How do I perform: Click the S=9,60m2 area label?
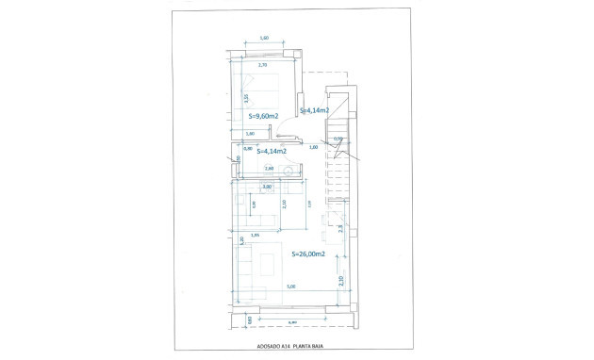[x=264, y=116]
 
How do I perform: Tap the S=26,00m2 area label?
[x=308, y=254]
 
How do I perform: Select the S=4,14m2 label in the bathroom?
[x=272, y=151]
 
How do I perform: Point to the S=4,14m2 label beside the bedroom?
[x=313, y=110]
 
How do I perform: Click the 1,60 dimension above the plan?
[x=264, y=38]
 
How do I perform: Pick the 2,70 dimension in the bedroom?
[x=263, y=65]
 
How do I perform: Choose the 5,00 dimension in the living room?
[x=290, y=286]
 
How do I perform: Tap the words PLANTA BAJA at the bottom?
[x=317, y=347]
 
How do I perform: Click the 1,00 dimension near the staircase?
[x=313, y=148]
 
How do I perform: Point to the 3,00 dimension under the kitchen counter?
[x=267, y=187]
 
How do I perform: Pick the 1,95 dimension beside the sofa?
[x=256, y=236]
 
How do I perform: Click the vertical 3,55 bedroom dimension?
[x=245, y=97]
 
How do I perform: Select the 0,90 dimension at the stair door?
[x=338, y=139]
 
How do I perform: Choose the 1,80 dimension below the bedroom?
[x=250, y=134]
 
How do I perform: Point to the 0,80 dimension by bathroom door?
[x=248, y=148]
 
